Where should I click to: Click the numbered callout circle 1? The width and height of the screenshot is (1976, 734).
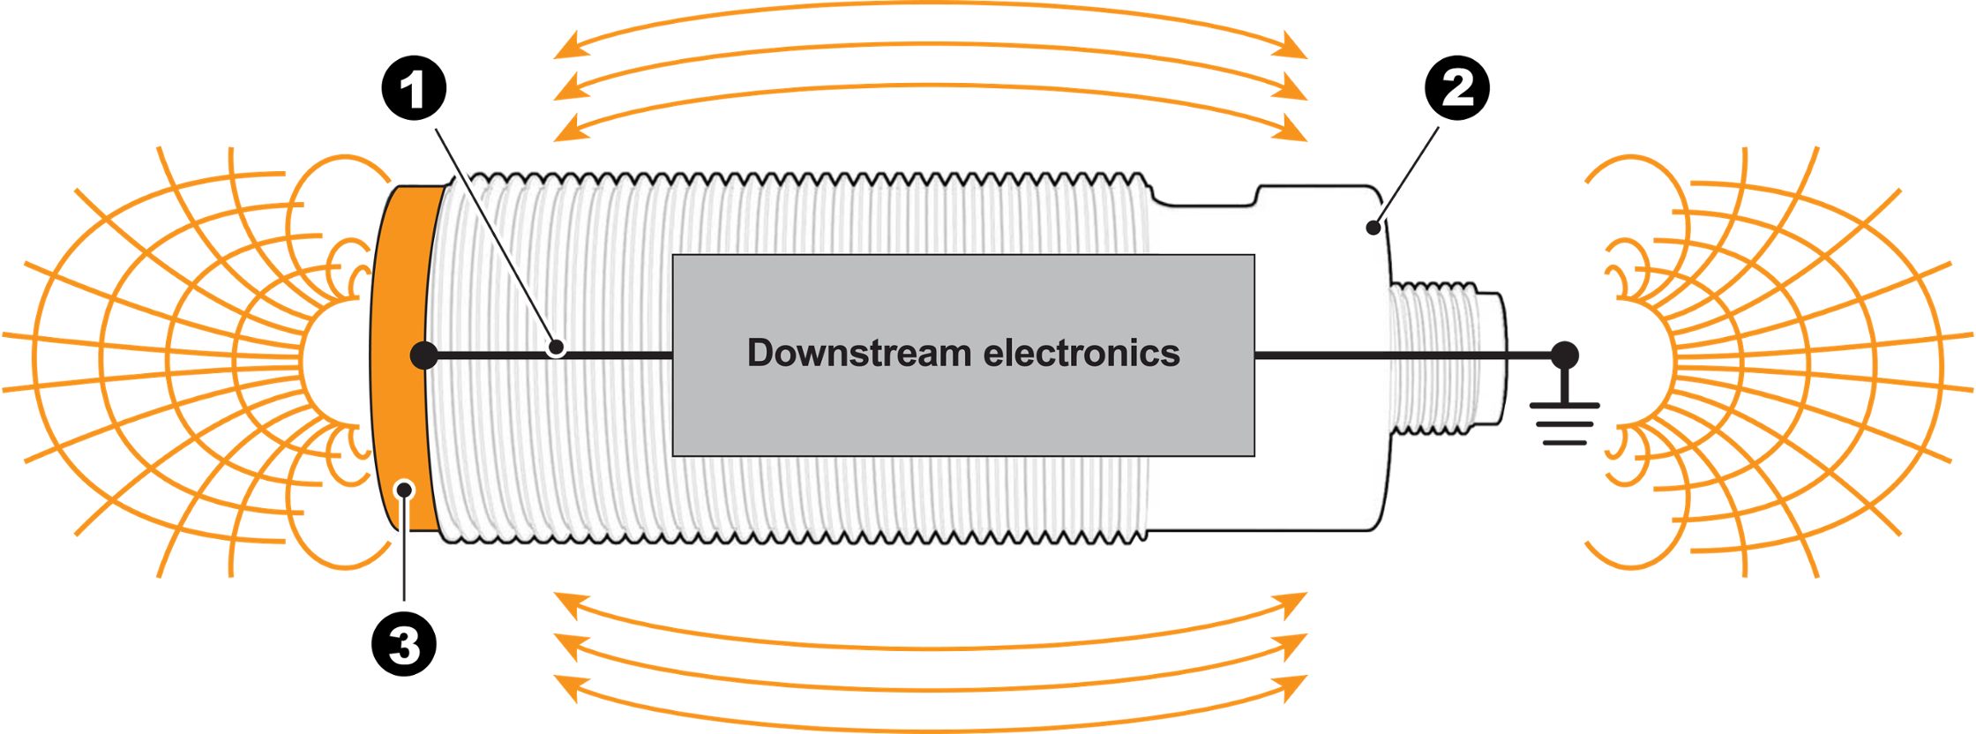(414, 88)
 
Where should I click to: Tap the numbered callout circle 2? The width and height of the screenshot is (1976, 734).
(1457, 88)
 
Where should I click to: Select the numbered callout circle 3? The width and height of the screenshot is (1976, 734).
(404, 644)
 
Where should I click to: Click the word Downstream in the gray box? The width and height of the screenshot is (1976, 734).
(858, 353)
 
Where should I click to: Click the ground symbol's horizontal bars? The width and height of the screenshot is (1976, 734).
(1564, 424)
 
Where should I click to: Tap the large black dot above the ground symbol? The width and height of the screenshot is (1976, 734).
(1564, 356)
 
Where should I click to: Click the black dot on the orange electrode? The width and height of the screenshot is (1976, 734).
(424, 356)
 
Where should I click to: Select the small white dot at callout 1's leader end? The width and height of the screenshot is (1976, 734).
(556, 348)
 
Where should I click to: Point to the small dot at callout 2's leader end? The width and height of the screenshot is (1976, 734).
(1373, 228)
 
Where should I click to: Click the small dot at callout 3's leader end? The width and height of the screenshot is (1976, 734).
(404, 490)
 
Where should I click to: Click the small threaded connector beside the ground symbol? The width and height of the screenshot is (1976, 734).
(1447, 358)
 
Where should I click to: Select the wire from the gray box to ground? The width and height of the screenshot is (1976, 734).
(1409, 356)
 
